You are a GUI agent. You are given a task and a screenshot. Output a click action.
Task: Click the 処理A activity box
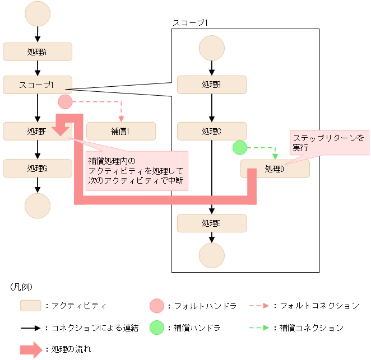[x=38, y=52]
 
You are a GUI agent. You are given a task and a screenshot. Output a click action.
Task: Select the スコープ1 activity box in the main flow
[x=38, y=85]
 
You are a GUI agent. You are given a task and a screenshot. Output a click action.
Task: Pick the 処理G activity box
[x=38, y=168]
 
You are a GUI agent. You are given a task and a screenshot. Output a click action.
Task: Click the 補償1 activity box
[x=121, y=131]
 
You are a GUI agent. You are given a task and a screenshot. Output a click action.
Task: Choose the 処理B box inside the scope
[x=211, y=85]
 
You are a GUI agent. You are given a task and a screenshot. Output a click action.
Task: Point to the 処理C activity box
[x=211, y=131]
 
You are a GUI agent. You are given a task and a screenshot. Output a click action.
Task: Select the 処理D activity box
[x=275, y=169]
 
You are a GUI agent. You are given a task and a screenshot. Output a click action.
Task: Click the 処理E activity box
[x=211, y=223]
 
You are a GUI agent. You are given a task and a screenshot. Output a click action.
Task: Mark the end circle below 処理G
[x=38, y=205]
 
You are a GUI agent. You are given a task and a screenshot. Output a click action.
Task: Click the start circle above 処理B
[x=211, y=49]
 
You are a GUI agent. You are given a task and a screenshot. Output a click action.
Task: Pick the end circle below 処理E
[x=211, y=256]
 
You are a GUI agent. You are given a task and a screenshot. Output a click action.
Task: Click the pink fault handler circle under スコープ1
[x=66, y=102]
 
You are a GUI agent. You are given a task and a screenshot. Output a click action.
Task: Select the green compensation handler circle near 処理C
[x=240, y=148]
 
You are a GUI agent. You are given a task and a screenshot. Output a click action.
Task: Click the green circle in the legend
[x=157, y=328]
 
